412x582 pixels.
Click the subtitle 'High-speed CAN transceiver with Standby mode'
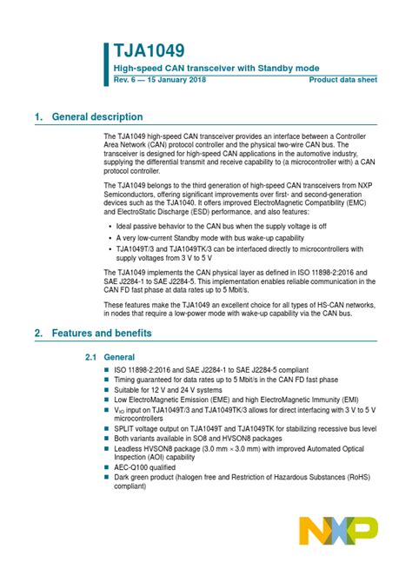click(x=216, y=68)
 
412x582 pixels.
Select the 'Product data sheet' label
click(x=342, y=79)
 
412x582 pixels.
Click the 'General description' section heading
click(x=97, y=117)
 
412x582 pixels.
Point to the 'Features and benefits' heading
click(x=102, y=334)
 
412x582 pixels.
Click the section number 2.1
click(x=90, y=357)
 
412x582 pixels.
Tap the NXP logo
click(x=338, y=530)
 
